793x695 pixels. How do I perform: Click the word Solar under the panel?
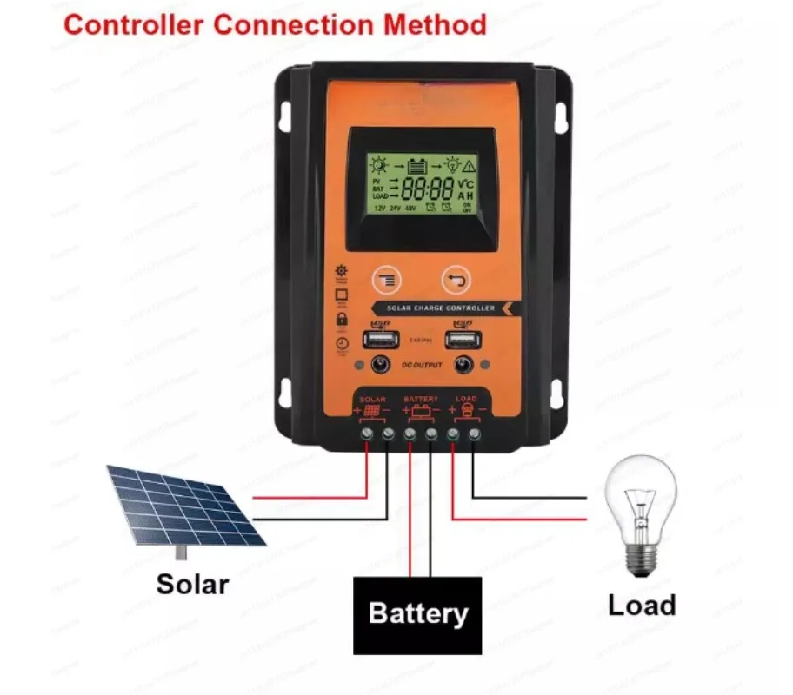(192, 583)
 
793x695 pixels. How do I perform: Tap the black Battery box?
(417, 614)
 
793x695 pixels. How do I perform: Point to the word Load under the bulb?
(642, 605)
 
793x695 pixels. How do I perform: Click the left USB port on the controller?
(379, 340)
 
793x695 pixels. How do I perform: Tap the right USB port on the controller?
(461, 340)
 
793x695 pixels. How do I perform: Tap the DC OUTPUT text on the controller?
(422, 366)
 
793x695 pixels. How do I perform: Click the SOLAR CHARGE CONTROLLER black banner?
(438, 308)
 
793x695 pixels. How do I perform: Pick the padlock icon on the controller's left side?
(340, 321)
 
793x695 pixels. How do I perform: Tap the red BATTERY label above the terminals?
(421, 399)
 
